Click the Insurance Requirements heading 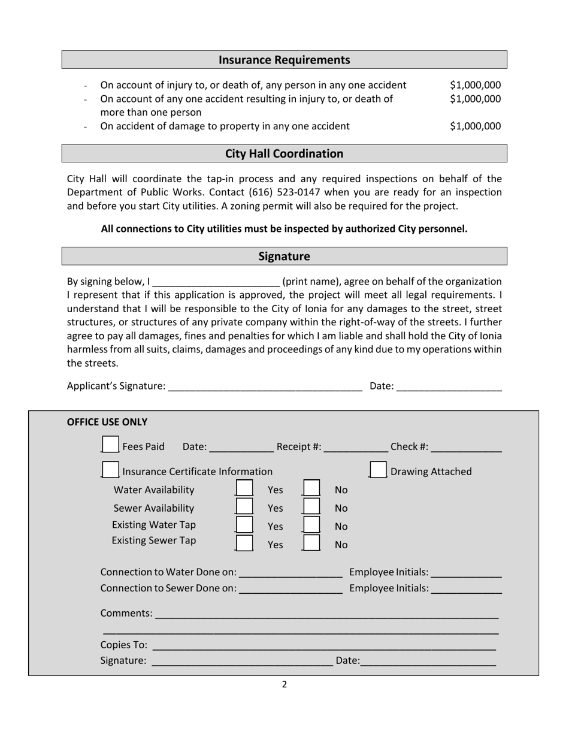(x=284, y=60)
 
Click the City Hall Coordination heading (x=284, y=153)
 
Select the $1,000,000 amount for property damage (x=475, y=126)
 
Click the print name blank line (x=216, y=282)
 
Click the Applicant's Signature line (x=265, y=386)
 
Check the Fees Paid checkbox (x=110, y=445)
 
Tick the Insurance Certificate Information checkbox (x=110, y=470)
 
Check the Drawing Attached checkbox (x=378, y=470)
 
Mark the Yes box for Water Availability (x=244, y=488)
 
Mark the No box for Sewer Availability (x=311, y=506)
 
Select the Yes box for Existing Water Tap (x=244, y=524)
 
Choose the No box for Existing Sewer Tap (x=311, y=543)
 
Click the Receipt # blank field (x=356, y=447)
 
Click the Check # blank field (x=466, y=447)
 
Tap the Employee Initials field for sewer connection (x=466, y=589)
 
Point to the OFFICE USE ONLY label (x=107, y=422)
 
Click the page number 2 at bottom (x=284, y=685)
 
